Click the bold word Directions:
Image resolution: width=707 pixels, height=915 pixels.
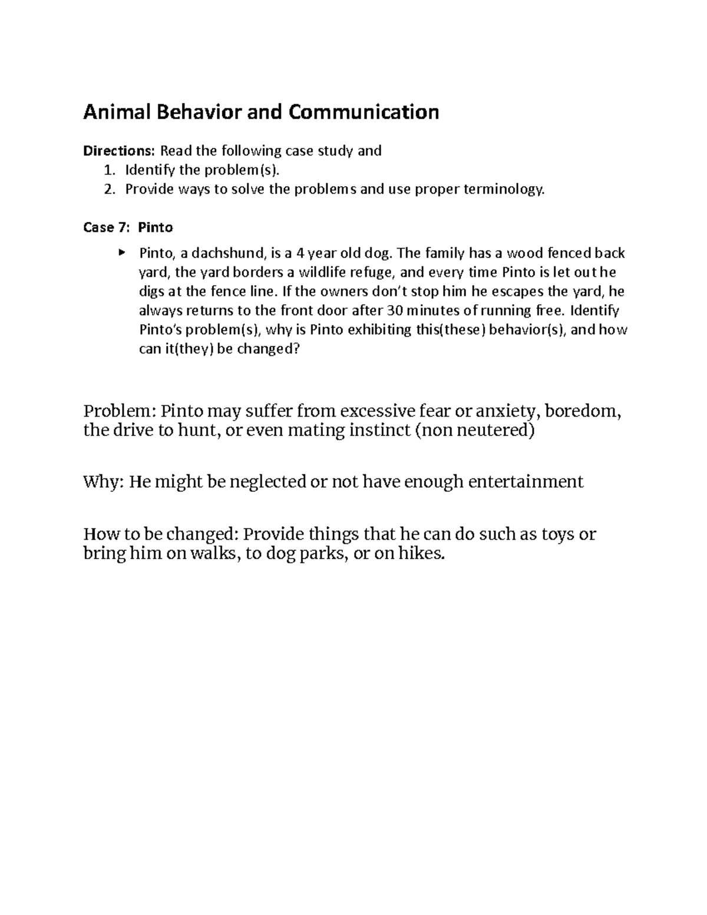(x=120, y=151)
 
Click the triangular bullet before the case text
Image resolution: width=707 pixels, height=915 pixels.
(x=121, y=253)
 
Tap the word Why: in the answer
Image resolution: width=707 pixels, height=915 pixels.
(x=103, y=482)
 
